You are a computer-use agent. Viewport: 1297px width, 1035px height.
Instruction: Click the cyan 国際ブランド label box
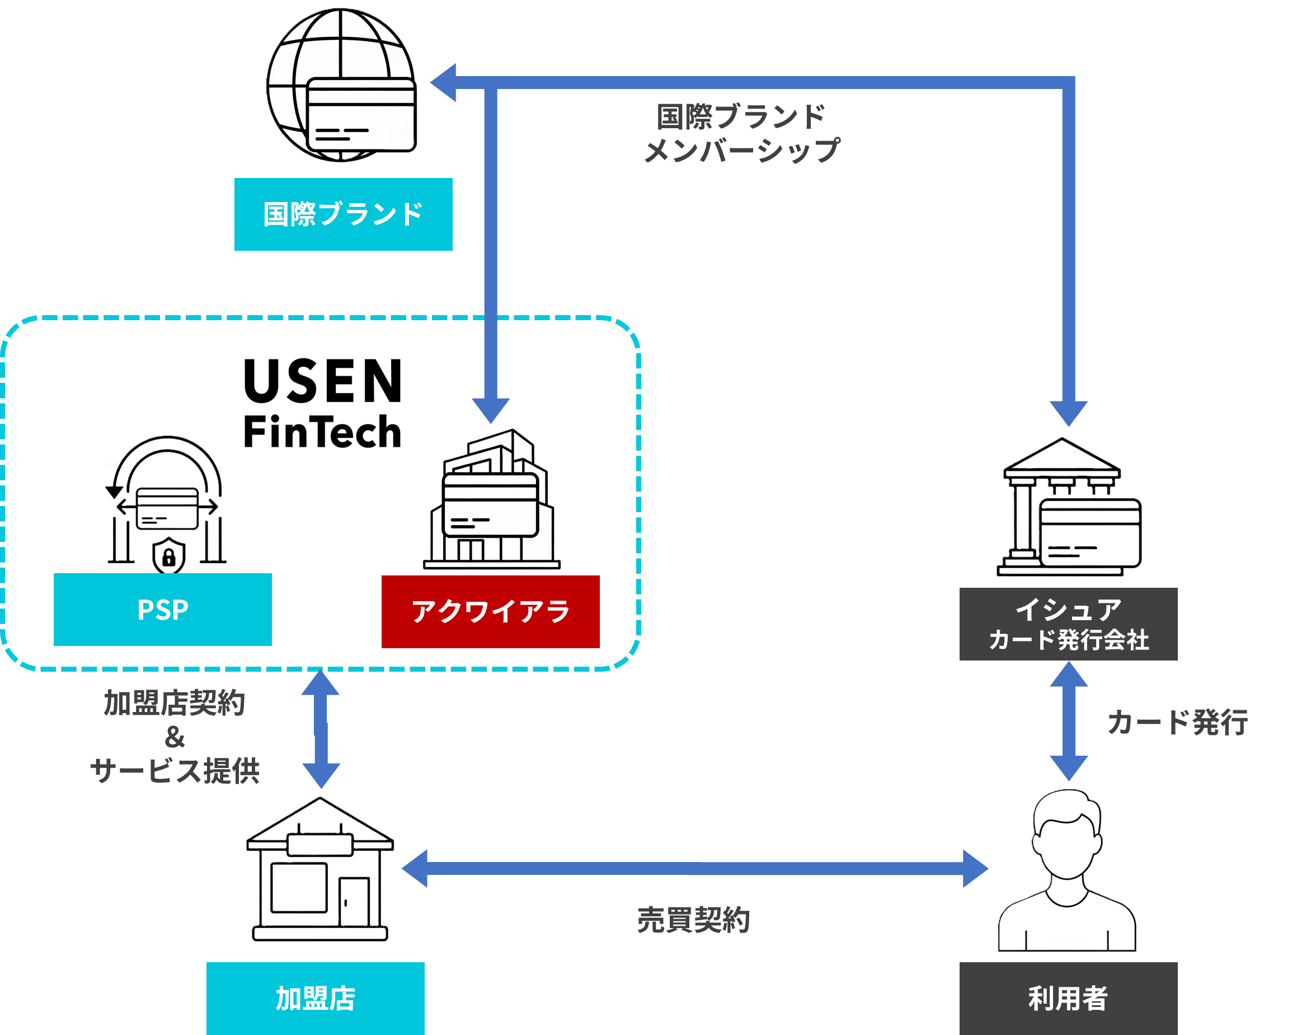pos(343,214)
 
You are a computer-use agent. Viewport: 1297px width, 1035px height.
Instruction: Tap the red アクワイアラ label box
pos(490,611)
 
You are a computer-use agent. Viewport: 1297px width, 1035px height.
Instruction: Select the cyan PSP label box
pos(162,610)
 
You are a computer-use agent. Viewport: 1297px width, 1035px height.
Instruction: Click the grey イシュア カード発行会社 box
pos(1068,624)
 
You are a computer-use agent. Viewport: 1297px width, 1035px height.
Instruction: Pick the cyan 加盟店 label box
pos(315,998)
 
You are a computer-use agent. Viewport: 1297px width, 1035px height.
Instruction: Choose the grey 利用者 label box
pos(1068,998)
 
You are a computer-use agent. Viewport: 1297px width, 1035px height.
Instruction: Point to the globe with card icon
pos(342,86)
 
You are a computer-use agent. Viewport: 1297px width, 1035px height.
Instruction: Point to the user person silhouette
pos(1067,873)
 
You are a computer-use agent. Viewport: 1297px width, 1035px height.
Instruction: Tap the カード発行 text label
pos(1177,722)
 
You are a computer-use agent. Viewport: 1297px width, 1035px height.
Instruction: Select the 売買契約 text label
pos(693,920)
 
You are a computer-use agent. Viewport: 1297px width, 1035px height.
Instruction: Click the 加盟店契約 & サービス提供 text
pos(175,737)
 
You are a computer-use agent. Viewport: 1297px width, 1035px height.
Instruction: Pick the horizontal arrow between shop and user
pos(694,868)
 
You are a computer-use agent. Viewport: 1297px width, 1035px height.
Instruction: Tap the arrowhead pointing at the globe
pos(444,82)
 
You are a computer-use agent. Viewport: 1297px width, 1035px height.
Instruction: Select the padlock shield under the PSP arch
pos(169,556)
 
